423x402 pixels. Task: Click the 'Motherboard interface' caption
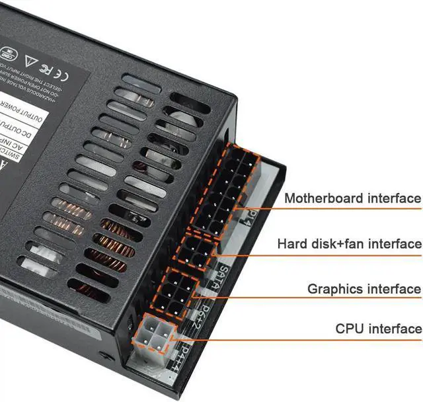(352, 198)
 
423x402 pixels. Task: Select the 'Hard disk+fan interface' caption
(349, 244)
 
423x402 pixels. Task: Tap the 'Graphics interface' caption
(364, 289)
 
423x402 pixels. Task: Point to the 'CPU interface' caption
(378, 329)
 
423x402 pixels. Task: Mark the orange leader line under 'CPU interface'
(297, 340)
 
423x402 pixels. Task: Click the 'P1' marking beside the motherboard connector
(251, 216)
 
